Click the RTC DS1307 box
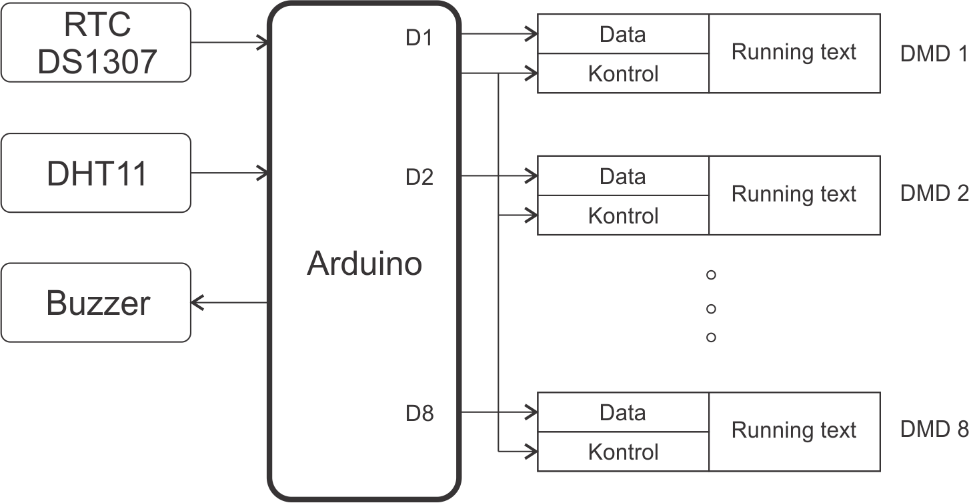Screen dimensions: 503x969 click(96, 42)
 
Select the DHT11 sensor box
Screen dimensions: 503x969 click(96, 173)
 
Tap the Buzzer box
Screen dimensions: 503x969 click(96, 303)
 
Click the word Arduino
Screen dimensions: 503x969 click(364, 264)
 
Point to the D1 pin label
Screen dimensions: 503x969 click(419, 39)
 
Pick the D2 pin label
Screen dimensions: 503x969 click(419, 177)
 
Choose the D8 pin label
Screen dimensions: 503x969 click(419, 414)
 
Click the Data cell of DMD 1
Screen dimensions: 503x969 click(623, 34)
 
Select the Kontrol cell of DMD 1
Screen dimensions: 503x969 click(623, 73)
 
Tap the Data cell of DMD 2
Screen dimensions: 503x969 click(623, 176)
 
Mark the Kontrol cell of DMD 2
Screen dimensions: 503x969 click(623, 215)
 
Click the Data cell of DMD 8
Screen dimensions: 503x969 click(623, 412)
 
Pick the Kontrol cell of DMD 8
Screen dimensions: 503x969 click(623, 452)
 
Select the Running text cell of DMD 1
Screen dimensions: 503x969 click(794, 53)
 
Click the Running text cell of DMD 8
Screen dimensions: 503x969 click(794, 431)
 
